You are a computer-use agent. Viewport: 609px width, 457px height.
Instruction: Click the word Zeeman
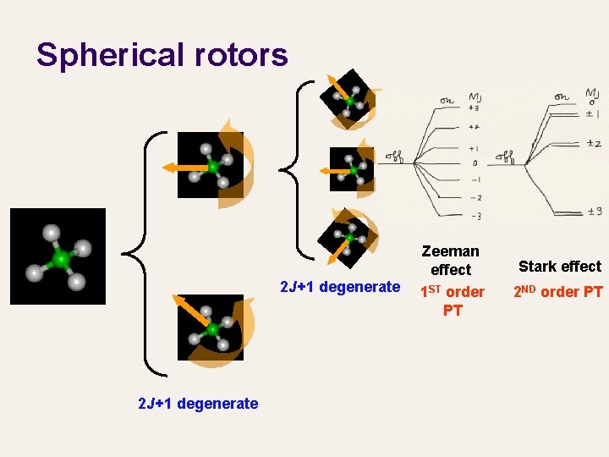pos(450,251)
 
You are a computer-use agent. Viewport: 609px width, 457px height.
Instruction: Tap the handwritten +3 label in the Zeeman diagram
pos(475,108)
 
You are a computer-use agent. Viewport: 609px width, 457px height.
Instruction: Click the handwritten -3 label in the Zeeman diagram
pos(476,217)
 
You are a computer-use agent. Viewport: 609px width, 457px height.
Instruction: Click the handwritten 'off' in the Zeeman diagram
pos(395,156)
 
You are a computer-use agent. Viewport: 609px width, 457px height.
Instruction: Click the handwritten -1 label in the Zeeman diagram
pos(475,180)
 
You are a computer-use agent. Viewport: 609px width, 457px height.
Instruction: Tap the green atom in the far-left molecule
pos(60,257)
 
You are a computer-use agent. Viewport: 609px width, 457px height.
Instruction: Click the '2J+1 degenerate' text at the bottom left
pos(198,404)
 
